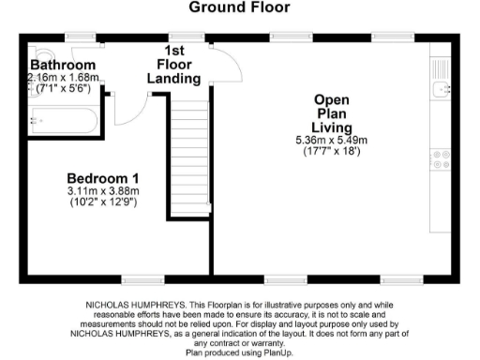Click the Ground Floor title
tap(240, 8)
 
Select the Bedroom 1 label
tap(103, 178)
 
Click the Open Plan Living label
tap(333, 112)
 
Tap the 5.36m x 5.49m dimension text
tap(332, 141)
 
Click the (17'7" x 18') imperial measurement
tap(333, 152)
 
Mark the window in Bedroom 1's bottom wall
tap(138, 279)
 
